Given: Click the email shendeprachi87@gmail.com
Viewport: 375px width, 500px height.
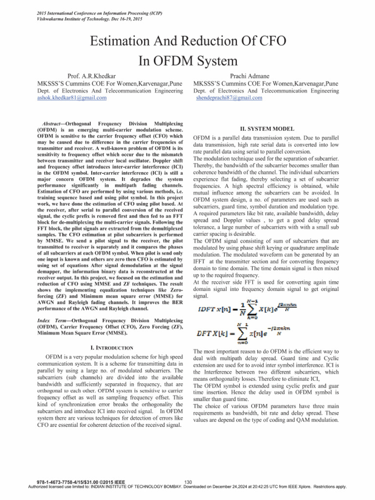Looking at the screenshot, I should click(229, 98).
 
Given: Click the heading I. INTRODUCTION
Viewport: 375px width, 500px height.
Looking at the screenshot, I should click(112, 334).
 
